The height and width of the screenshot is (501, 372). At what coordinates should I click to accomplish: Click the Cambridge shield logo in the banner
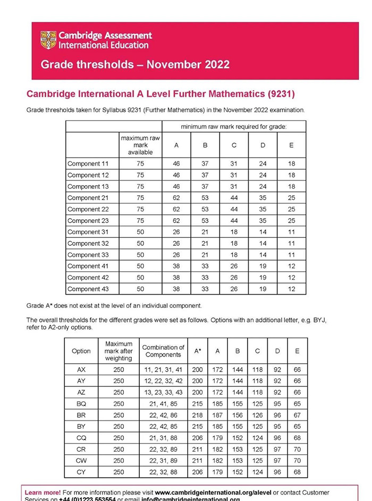click(48, 40)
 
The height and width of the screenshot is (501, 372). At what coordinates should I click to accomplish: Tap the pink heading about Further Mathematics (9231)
click(160, 94)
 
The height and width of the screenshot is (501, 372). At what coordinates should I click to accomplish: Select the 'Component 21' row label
click(88, 198)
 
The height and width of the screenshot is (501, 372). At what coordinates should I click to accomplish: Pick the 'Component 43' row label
click(88, 289)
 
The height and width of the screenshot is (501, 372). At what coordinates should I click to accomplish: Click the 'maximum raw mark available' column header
click(140, 145)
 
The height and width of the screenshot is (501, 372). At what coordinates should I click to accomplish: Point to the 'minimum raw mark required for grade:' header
click(234, 126)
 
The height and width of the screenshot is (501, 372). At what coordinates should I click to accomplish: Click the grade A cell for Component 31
click(176, 232)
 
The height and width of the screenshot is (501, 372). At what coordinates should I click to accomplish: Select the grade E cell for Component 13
click(291, 187)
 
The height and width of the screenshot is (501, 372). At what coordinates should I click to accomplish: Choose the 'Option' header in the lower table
click(81, 351)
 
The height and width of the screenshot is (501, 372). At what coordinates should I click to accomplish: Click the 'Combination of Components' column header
click(163, 351)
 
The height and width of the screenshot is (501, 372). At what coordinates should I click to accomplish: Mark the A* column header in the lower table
click(198, 351)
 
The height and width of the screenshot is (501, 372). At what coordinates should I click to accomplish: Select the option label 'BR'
click(81, 414)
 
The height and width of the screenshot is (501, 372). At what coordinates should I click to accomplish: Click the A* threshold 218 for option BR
click(198, 414)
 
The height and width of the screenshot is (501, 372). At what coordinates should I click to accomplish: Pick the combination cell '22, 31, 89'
click(163, 460)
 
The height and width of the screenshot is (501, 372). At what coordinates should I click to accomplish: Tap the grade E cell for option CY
click(297, 471)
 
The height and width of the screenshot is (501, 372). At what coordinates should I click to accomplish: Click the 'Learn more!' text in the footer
click(43, 493)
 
